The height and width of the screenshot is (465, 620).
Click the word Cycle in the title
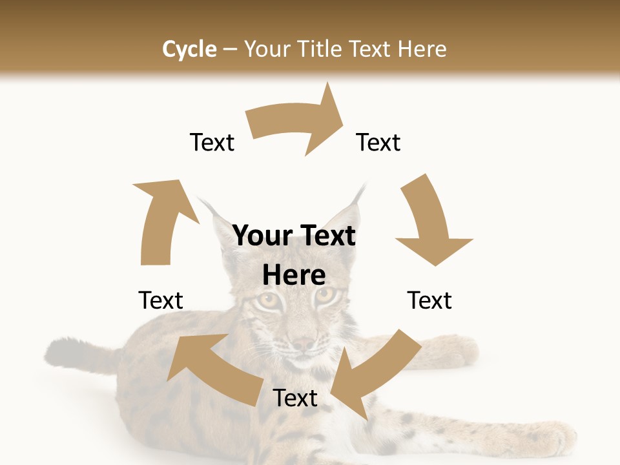pos(189,49)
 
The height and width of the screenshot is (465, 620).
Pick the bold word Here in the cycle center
pos(294,275)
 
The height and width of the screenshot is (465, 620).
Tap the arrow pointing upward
pos(163,220)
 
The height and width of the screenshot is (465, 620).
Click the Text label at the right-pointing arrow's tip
pos(378,142)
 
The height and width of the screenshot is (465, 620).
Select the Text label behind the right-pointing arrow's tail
pos(212,142)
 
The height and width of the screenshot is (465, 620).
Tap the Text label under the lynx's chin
pos(295,398)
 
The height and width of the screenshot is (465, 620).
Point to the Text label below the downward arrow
pos(429,300)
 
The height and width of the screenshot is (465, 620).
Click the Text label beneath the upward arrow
pos(161,300)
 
